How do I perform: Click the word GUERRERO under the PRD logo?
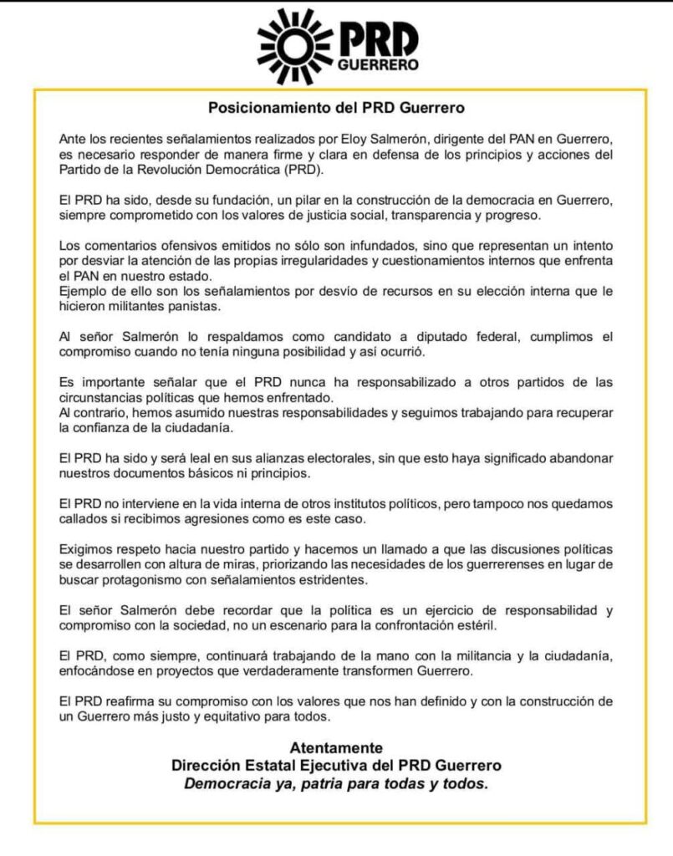pyautogui.click(x=378, y=64)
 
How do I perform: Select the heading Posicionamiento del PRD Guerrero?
pyautogui.click(x=336, y=108)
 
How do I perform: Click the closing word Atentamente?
pyautogui.click(x=336, y=747)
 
